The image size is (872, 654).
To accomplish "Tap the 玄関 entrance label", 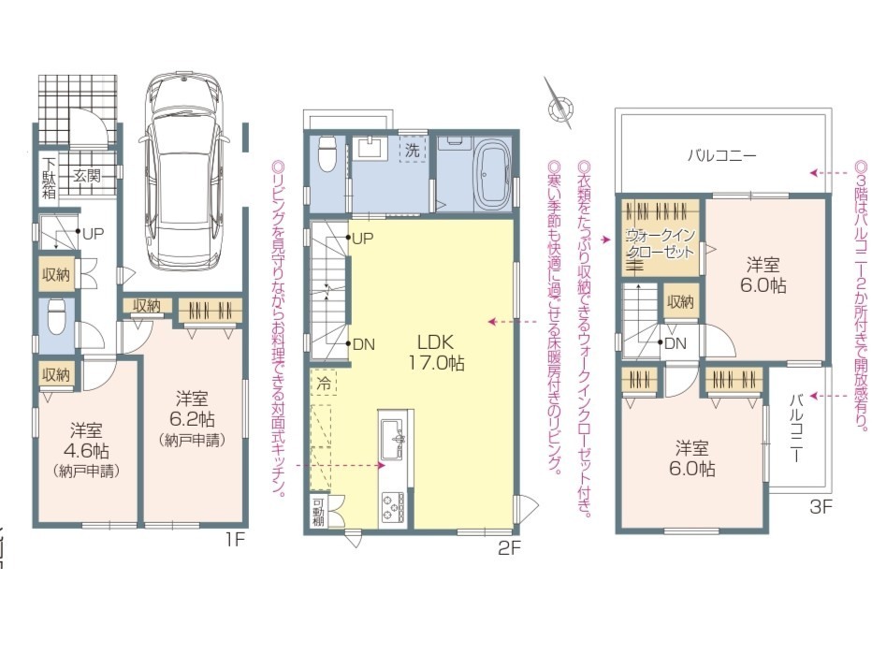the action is [x=87, y=176].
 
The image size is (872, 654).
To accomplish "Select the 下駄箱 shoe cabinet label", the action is [x=50, y=178].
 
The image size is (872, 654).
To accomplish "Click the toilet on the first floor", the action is [x=56, y=316].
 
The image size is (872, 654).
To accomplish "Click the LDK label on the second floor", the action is [x=437, y=342].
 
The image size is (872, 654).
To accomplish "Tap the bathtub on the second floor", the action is [x=491, y=175].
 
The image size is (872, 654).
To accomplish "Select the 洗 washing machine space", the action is [x=412, y=149].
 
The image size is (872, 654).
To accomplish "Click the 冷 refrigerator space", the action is [x=324, y=383].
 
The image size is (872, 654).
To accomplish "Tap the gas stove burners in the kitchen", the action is [x=393, y=507].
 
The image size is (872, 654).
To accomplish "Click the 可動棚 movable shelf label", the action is [x=318, y=511].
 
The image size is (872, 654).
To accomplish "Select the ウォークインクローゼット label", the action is [x=661, y=243].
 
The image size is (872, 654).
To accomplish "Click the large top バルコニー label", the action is [x=722, y=155].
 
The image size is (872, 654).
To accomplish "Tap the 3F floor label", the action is [x=821, y=506].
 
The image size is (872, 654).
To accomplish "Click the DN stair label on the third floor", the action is [x=676, y=343].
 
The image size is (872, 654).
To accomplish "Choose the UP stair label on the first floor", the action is [x=93, y=234].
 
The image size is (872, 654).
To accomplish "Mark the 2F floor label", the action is [x=509, y=548].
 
